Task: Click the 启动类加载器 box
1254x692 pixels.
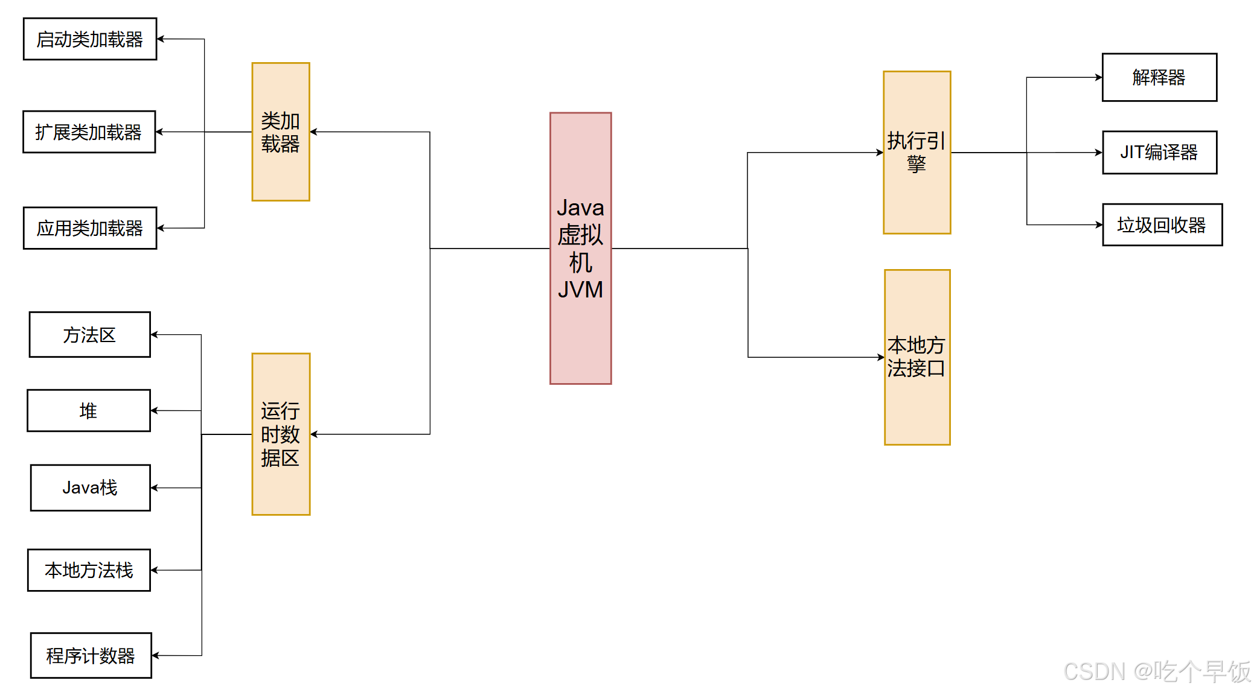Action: click(x=90, y=39)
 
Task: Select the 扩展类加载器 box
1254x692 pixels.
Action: click(x=89, y=132)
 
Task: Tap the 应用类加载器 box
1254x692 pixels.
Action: click(x=90, y=228)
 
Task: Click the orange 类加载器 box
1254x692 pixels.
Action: click(x=281, y=132)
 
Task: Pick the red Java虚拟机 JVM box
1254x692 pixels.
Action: click(x=580, y=248)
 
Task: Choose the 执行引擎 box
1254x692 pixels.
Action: click(x=917, y=153)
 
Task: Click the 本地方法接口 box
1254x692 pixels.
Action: click(x=917, y=357)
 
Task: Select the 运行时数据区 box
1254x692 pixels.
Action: click(x=281, y=434)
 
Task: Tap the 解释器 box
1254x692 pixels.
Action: click(x=1159, y=77)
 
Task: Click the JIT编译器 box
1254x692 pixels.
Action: click(x=1159, y=153)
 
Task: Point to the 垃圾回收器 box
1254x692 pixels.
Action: click(x=1162, y=225)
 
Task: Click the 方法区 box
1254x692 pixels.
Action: click(x=90, y=335)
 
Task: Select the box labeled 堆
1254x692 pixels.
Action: click(x=89, y=411)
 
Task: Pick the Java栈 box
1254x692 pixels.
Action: click(x=91, y=487)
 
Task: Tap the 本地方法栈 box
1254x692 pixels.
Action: click(x=89, y=570)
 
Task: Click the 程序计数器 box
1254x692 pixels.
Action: click(x=91, y=655)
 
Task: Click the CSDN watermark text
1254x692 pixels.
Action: click(x=1156, y=671)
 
